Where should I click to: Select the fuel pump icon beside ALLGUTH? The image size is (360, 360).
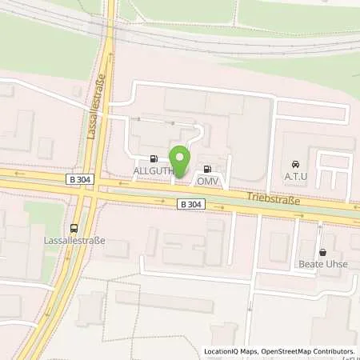(x=153, y=158)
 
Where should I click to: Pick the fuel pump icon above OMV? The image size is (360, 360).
(x=208, y=168)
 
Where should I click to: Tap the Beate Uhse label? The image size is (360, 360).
(x=322, y=265)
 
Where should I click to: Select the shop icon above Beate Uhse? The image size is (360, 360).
(x=322, y=252)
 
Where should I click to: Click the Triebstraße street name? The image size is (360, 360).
(x=273, y=198)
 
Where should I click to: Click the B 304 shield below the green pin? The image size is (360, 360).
(x=191, y=205)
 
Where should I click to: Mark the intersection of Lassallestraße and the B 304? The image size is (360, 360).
(x=94, y=191)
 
